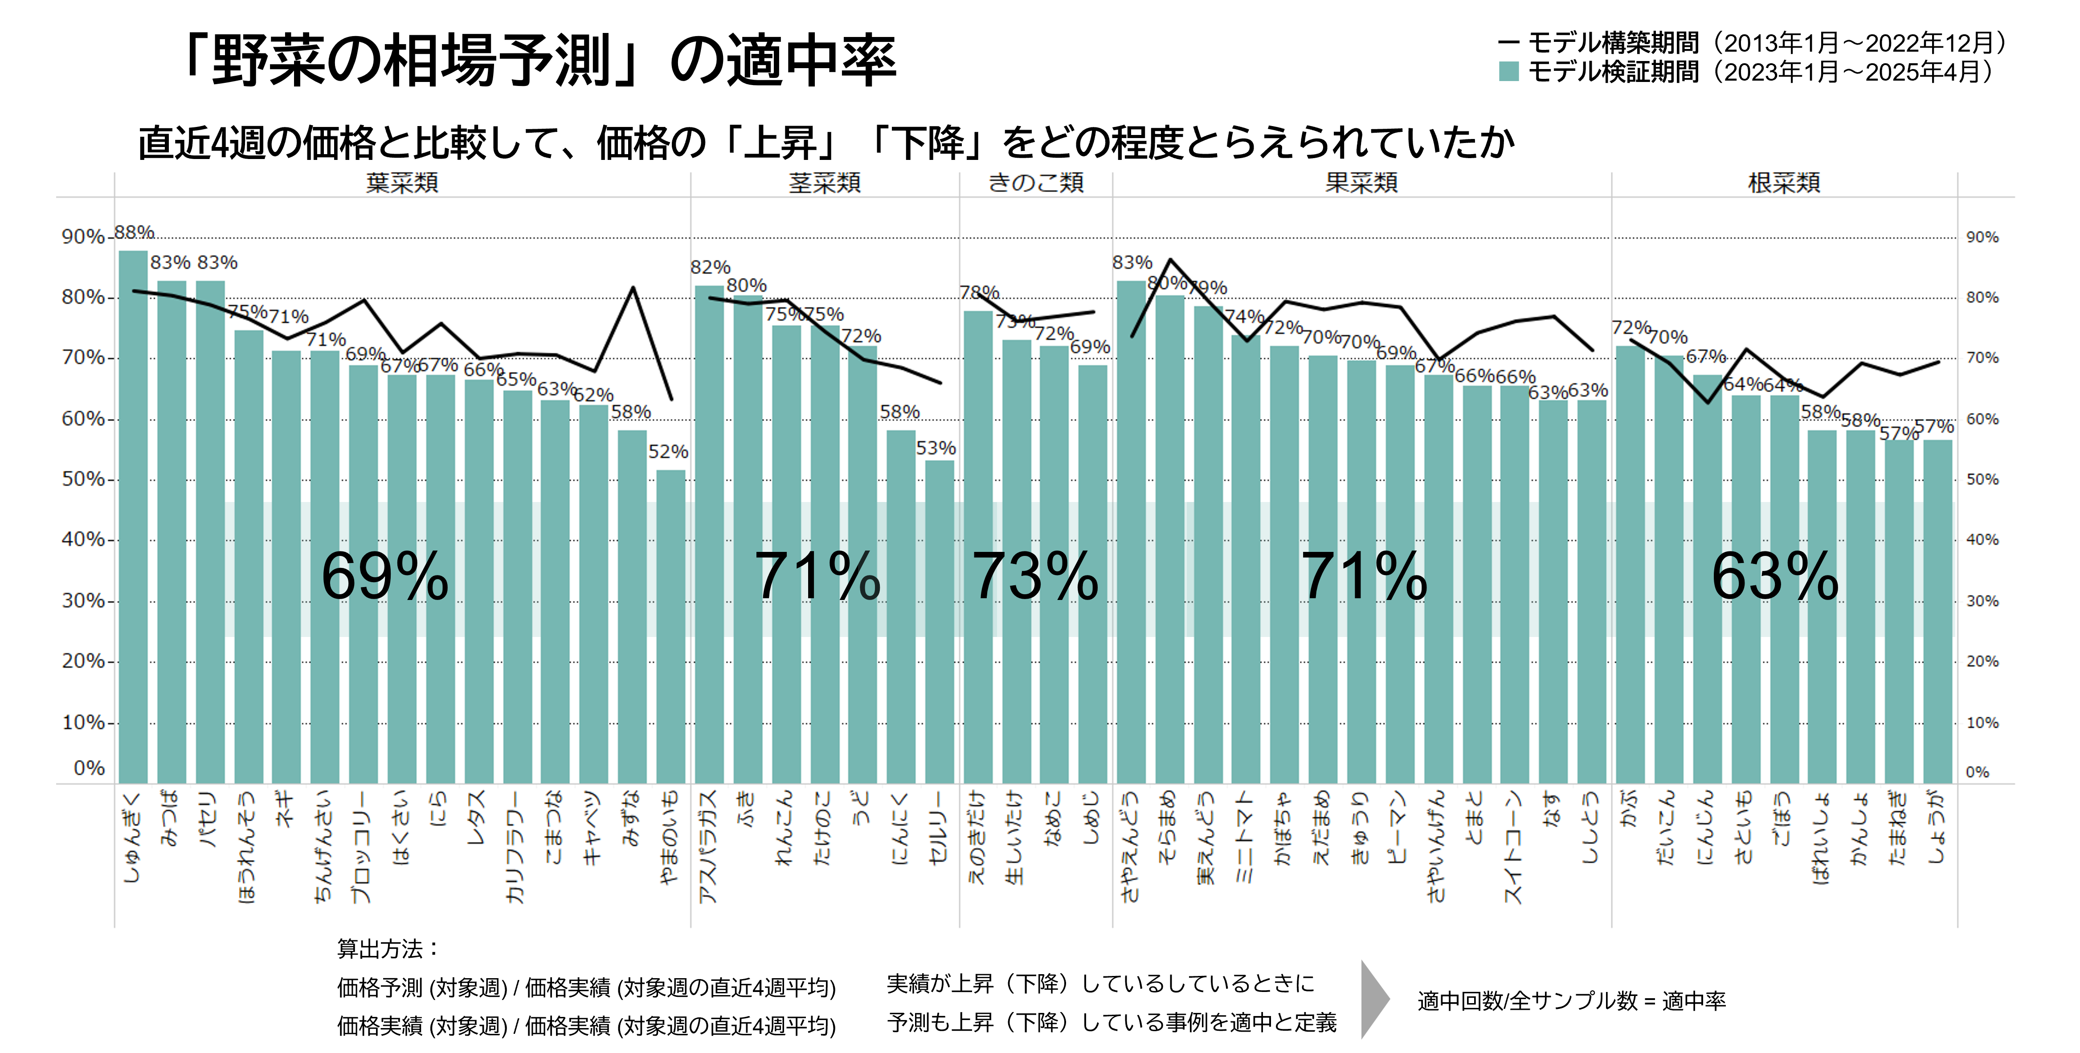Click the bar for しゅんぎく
tap(133, 517)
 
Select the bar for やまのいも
tap(670, 626)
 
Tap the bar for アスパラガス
tap(709, 533)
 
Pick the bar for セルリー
tap(939, 622)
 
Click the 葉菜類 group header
tap(402, 183)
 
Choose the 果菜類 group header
tap(1361, 183)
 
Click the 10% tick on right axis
tap(1982, 723)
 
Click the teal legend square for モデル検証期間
tap(1508, 72)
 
